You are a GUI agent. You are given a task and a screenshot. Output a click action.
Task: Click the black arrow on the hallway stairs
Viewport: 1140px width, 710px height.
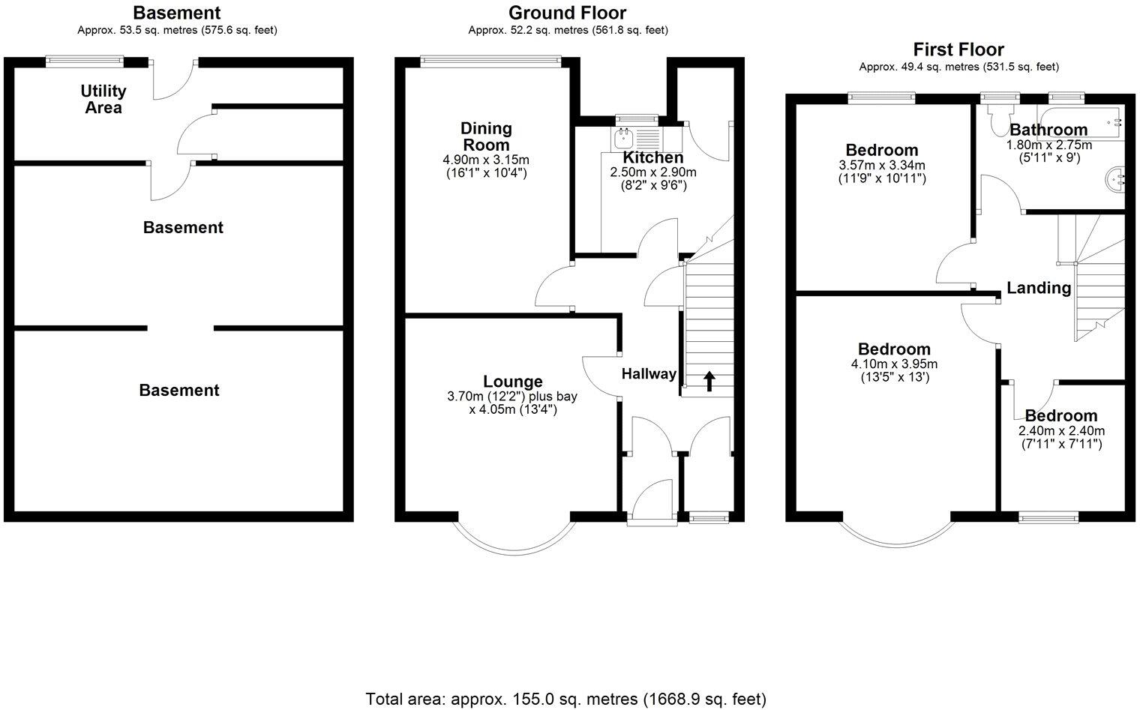(x=709, y=381)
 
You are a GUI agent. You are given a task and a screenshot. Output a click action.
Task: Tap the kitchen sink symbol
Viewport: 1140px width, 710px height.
(x=624, y=138)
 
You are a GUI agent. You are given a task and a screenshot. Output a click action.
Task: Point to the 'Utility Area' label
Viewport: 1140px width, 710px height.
(x=103, y=99)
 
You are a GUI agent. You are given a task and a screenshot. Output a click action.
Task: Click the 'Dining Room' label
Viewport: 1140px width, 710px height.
(x=486, y=136)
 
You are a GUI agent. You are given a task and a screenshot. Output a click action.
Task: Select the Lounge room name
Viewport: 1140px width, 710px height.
(x=512, y=382)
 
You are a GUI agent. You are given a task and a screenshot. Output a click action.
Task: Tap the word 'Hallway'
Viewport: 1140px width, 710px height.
(x=649, y=374)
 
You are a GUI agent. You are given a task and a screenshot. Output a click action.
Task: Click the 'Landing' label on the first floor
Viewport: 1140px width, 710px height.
(x=1038, y=288)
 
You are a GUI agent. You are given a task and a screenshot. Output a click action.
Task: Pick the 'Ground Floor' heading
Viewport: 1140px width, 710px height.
(x=567, y=13)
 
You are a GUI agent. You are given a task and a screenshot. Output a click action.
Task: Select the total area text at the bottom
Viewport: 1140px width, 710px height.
(x=566, y=698)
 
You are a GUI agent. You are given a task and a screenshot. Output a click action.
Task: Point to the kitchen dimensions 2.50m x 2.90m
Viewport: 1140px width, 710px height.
(x=653, y=172)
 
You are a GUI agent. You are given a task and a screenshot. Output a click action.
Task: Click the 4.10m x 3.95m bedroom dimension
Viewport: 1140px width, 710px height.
(x=894, y=364)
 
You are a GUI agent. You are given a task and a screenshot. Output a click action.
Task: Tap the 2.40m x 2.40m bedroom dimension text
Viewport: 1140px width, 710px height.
(x=1061, y=431)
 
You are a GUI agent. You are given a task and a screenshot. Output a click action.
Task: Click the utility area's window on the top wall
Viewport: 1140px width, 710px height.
(x=85, y=60)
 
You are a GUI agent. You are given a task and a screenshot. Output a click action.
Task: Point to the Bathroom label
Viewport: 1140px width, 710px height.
(x=1048, y=130)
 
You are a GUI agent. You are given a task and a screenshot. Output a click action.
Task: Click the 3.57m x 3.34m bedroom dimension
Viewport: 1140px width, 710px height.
(x=881, y=166)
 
